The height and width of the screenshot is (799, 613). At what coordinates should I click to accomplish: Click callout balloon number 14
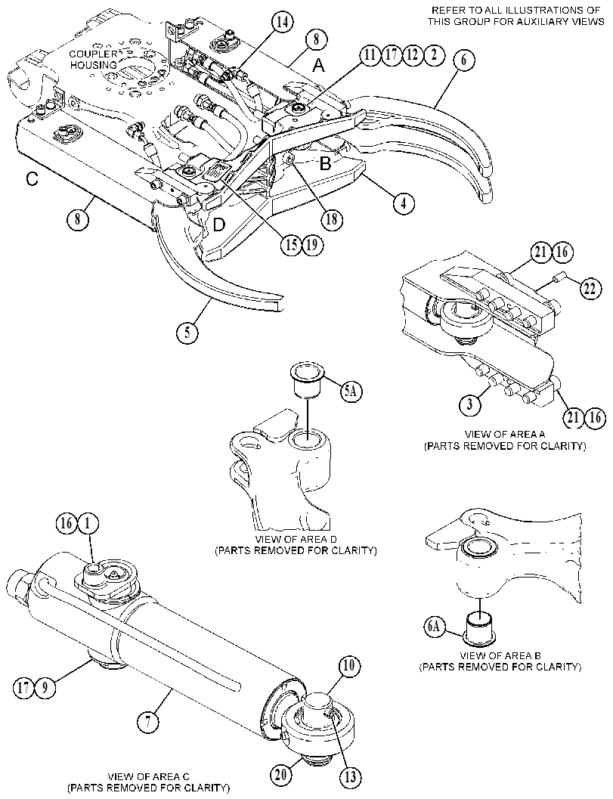coord(282,23)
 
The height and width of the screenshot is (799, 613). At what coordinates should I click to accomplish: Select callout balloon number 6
coord(463,60)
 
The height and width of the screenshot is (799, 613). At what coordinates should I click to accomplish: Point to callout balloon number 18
coord(333,219)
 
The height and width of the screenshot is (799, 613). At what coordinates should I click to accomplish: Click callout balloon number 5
coord(187,333)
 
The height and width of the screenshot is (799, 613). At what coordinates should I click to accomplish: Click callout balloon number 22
coord(590,288)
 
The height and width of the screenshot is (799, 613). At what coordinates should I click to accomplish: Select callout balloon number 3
coord(470,405)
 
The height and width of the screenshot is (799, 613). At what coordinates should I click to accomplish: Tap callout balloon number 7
coord(149,722)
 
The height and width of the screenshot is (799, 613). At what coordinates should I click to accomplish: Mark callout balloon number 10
coord(351,665)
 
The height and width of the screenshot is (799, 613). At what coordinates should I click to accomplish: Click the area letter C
coord(32,179)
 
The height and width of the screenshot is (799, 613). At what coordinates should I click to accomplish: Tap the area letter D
coord(218,225)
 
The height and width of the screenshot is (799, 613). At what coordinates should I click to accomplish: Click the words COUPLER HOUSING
coord(93,60)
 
